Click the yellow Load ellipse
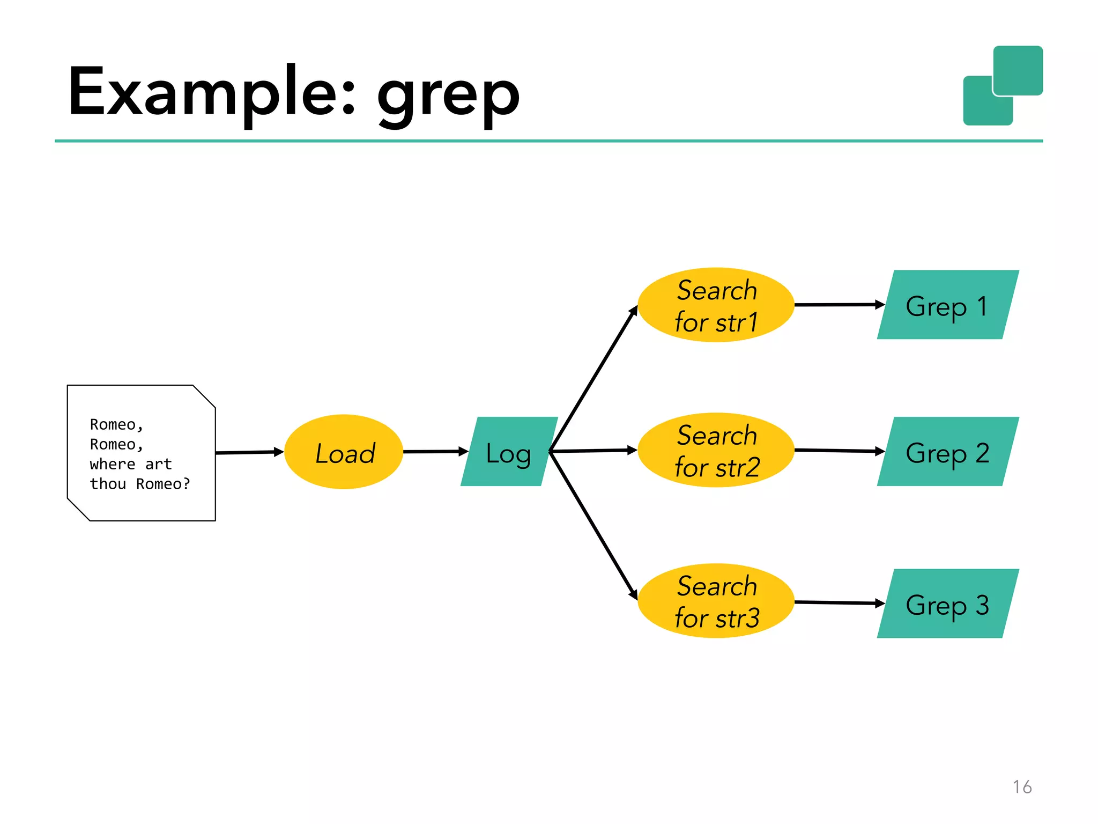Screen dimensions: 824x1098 pos(344,452)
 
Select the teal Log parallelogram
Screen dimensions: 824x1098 pos(509,452)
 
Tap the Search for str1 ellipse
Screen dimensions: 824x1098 pos(716,305)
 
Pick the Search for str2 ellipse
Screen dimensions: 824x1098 pos(716,450)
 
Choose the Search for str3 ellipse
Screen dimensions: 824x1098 pos(716,601)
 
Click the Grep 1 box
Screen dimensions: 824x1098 pos(947,305)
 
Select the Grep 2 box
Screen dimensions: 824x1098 pos(947,452)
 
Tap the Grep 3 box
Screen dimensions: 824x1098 pos(947,604)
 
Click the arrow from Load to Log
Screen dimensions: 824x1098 pos(434,452)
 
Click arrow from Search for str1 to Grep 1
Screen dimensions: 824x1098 pos(837,305)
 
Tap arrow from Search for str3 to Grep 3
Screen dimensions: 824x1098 pos(837,603)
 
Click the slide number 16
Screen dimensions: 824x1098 pos(1022,787)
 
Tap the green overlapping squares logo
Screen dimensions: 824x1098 pos(1003,86)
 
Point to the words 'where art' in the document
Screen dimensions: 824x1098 pos(131,464)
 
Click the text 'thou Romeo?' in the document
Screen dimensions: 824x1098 pos(140,484)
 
